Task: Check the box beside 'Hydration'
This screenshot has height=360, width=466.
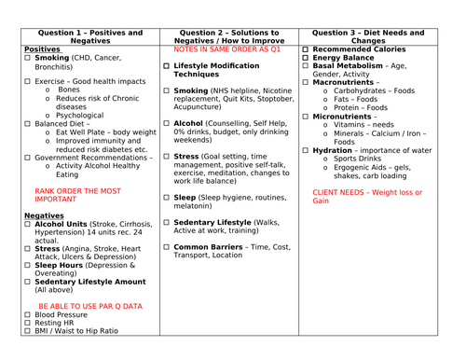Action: tap(307, 150)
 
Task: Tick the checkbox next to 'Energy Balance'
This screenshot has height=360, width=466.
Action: tap(307, 58)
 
